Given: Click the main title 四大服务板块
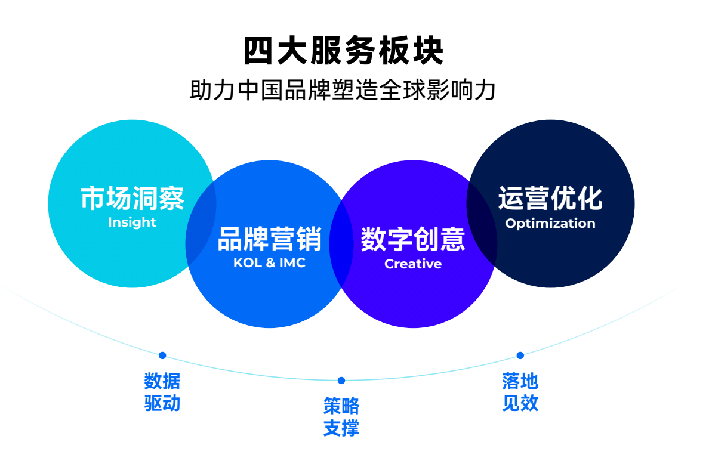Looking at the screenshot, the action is [x=343, y=51].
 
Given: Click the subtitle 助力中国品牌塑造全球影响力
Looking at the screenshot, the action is [x=343, y=90].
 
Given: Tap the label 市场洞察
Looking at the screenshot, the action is [x=132, y=199].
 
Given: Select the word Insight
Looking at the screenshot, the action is [x=132, y=222].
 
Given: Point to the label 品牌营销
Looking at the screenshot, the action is [x=270, y=239].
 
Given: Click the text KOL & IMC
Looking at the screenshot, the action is [x=269, y=263].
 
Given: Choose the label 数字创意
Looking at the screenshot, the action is [x=413, y=239].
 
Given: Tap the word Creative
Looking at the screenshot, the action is [x=413, y=264].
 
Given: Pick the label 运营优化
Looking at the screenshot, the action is [x=550, y=199].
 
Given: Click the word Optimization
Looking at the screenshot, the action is [x=550, y=223].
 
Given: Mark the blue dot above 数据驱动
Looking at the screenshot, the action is [x=162, y=355].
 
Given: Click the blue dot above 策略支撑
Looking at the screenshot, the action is [x=341, y=381].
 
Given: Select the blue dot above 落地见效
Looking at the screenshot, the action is [x=520, y=355].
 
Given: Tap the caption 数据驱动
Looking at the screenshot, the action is [x=162, y=392].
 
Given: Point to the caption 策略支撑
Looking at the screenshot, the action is [x=341, y=417].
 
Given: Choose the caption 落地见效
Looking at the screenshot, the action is [x=520, y=392].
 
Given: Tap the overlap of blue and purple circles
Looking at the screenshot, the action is [x=341, y=244].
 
